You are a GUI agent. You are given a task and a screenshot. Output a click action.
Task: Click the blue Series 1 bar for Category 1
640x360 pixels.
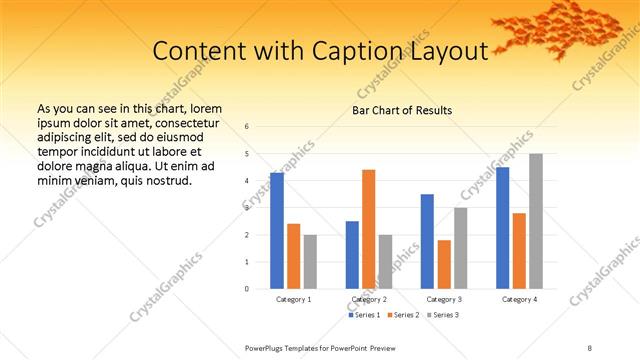coord(277,230)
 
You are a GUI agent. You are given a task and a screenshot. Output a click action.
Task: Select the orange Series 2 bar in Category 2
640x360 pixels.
coord(369,229)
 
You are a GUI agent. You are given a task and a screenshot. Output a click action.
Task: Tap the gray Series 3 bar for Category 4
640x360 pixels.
coord(536,221)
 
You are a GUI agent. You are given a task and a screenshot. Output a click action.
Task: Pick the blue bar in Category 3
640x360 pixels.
coord(427,241)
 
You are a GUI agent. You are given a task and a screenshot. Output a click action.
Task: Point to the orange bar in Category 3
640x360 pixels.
coord(444,264)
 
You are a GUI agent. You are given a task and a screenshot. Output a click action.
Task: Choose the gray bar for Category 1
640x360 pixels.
coord(310,261)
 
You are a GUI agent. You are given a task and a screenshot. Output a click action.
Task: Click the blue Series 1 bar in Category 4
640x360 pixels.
coord(503,228)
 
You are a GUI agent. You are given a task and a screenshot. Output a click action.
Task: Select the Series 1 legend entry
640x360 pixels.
coord(365,315)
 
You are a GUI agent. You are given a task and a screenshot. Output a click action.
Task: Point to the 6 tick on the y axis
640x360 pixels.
coord(247,126)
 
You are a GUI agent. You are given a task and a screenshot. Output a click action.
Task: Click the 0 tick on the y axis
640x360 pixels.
coord(247,289)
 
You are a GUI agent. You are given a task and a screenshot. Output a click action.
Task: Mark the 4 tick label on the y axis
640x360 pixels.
coord(247,181)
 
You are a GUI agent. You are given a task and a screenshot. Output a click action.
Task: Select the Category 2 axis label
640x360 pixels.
coord(368,299)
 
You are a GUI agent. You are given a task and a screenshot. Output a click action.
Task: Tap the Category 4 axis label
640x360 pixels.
coord(519,299)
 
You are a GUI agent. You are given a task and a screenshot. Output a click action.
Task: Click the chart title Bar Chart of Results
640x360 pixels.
coord(403,110)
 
